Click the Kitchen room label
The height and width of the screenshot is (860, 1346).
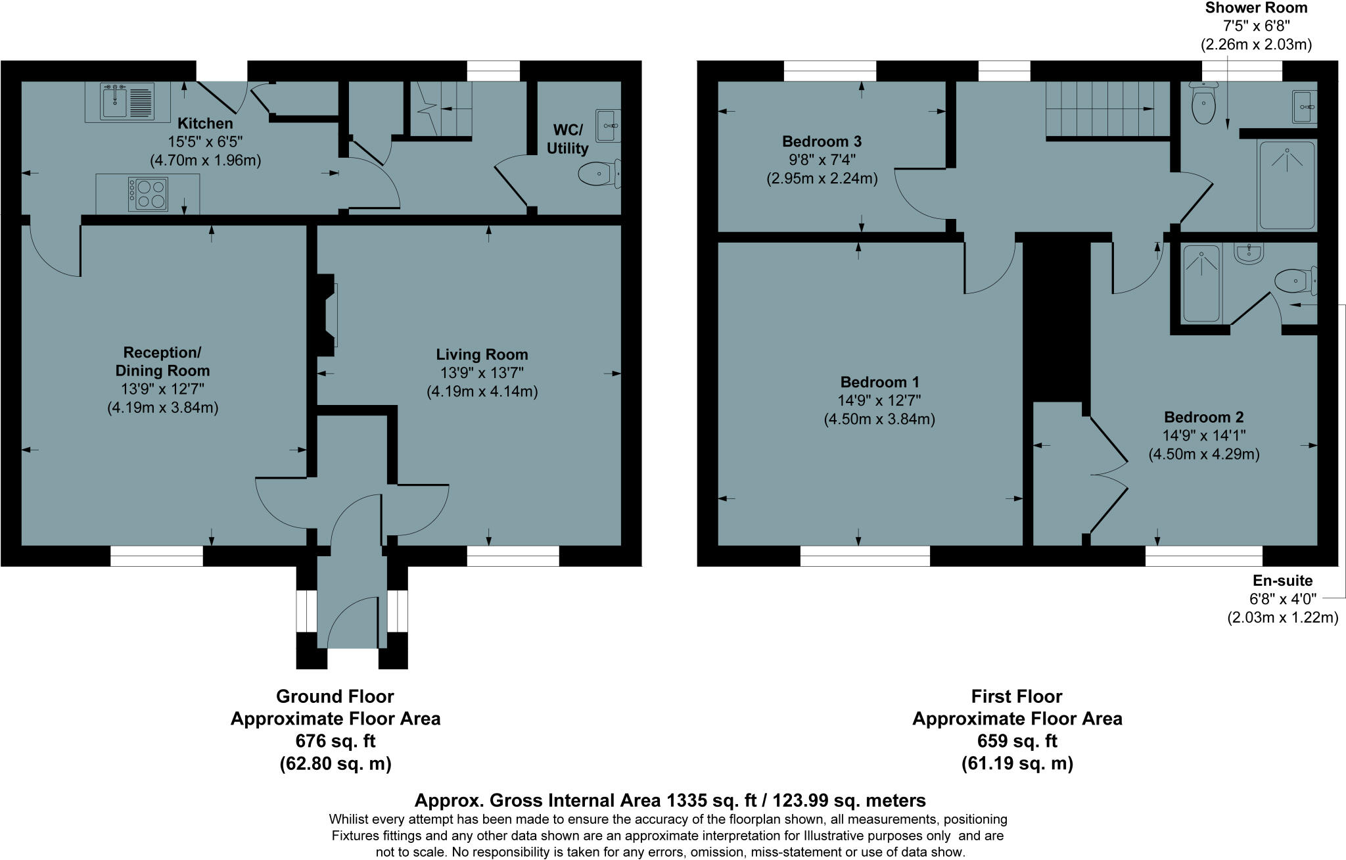(x=205, y=124)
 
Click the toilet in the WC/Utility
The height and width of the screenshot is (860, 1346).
(x=599, y=174)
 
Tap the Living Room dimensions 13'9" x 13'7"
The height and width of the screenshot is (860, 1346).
(x=482, y=373)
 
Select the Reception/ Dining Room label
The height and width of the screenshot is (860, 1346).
(x=162, y=361)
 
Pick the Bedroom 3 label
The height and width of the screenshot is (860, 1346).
(x=822, y=141)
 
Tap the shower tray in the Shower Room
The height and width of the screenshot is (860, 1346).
(x=1286, y=185)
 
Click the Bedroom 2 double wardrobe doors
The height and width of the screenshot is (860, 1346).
(x=1109, y=474)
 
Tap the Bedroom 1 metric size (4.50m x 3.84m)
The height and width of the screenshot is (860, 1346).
(x=879, y=419)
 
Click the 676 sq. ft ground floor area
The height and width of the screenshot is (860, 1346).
(x=335, y=741)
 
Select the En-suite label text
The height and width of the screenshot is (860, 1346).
(x=1282, y=581)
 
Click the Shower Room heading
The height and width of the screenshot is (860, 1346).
(x=1256, y=8)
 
